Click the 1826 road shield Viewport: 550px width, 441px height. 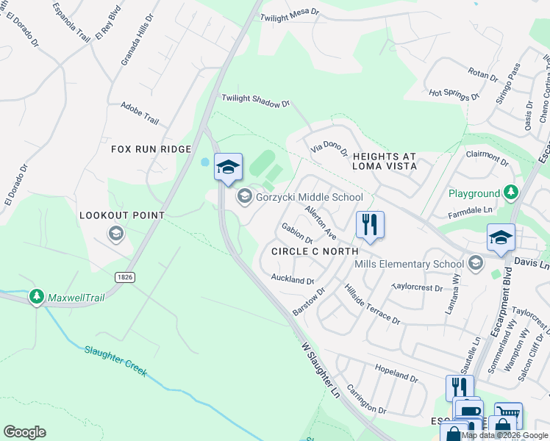click(x=124, y=276)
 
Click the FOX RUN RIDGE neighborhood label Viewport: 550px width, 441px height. click(x=151, y=149)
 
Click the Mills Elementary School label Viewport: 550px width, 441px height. click(x=409, y=264)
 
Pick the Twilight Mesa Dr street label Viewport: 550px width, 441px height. click(x=292, y=12)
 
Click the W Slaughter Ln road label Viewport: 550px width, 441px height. click(x=322, y=370)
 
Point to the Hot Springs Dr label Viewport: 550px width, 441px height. click(x=454, y=93)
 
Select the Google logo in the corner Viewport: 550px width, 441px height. click(x=24, y=432)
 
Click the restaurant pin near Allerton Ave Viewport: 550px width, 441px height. click(x=370, y=225)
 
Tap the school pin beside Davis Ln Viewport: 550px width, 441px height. click(x=501, y=238)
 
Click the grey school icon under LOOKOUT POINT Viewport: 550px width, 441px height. click(x=115, y=234)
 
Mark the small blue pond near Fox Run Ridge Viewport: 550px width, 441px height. click(x=204, y=162)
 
